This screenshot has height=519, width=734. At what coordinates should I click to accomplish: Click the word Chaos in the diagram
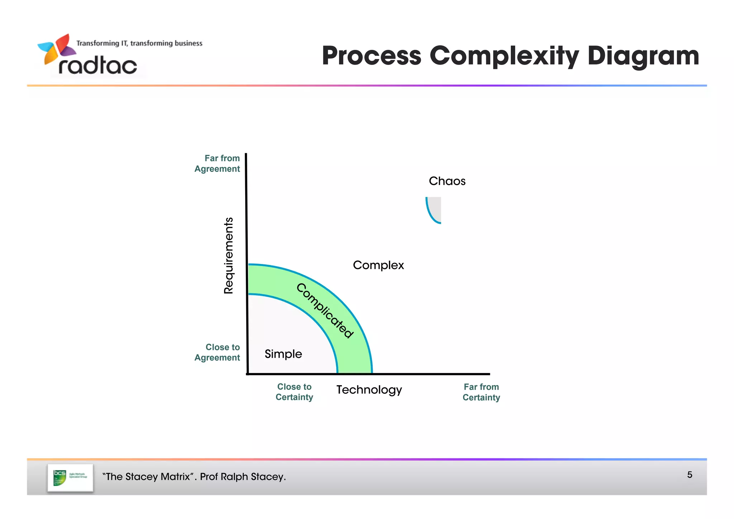coord(447,181)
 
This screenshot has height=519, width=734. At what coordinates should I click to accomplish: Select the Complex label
coord(378,265)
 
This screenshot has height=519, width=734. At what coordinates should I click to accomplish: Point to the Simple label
coord(283,354)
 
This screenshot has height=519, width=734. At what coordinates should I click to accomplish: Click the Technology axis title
coord(369,390)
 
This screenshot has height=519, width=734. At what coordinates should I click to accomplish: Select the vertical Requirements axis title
coord(228,255)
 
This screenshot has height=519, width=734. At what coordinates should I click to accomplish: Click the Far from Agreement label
coord(217,164)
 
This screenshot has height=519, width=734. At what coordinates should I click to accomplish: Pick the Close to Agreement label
coord(217,352)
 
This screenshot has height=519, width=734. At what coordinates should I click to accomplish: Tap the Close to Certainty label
coord(294,392)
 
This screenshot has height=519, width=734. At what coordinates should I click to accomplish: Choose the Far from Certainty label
coord(481,392)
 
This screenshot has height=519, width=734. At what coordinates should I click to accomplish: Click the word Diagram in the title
coord(643,56)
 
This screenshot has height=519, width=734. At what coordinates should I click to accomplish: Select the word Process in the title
coord(371,56)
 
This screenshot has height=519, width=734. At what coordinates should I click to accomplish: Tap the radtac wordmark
coord(97,66)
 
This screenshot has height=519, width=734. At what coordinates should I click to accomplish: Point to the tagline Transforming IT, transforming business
coord(139,43)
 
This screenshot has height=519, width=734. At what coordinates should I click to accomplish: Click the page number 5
coord(690,475)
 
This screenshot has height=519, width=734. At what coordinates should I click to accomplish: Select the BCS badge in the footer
coord(70,477)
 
